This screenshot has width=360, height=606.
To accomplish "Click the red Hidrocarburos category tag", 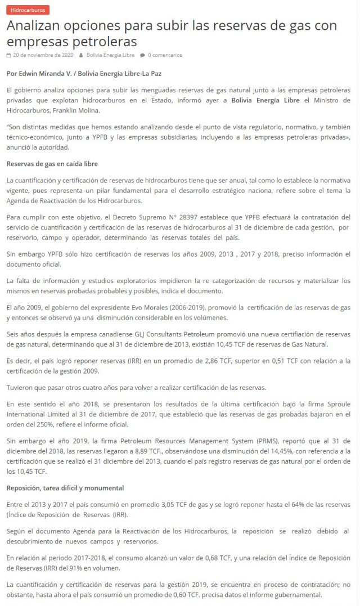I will pyautogui.click(x=28, y=10).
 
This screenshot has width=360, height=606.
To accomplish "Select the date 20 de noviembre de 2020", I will pyautogui.click(x=43, y=55).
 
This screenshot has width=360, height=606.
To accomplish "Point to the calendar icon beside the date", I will pyautogui.click(x=8, y=55).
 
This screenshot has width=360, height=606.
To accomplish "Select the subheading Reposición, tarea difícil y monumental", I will pyautogui.click(x=65, y=487).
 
